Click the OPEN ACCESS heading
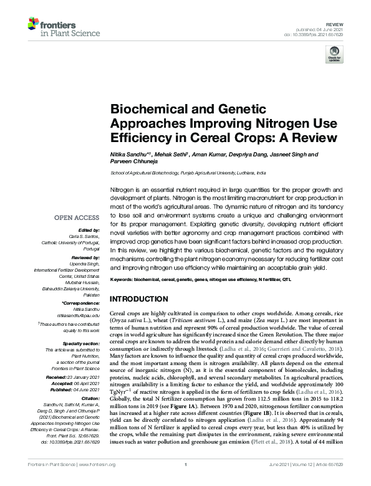(77, 218)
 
